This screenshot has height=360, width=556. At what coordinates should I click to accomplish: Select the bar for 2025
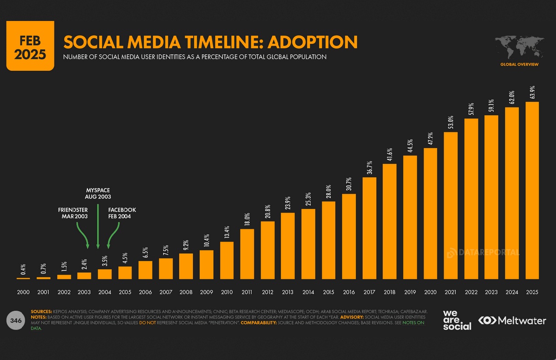pyautogui.click(x=532, y=190)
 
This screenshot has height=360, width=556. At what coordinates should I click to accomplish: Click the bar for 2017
pyautogui.click(x=369, y=228)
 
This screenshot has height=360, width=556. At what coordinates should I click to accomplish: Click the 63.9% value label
pyautogui.click(x=532, y=92)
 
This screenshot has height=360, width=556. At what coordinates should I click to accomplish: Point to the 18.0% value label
pyautogui.click(x=247, y=220)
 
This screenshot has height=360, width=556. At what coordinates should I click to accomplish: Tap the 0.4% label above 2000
pyautogui.click(x=23, y=269)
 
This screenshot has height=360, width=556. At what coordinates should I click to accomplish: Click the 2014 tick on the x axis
pyautogui.click(x=308, y=292)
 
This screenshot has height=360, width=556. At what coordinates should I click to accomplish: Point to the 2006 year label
pyautogui.click(x=145, y=292)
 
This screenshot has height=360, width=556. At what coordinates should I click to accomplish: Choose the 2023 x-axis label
pyautogui.click(x=491, y=292)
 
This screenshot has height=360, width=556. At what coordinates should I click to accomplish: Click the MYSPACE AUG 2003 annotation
pyautogui.click(x=98, y=193)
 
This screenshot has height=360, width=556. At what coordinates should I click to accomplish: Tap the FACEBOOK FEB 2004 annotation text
pyautogui.click(x=122, y=213)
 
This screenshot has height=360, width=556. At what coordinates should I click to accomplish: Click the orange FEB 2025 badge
pyautogui.click(x=30, y=46)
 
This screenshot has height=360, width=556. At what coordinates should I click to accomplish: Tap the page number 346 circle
pyautogui.click(x=16, y=320)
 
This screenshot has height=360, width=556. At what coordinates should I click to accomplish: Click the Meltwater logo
pyautogui.click(x=512, y=321)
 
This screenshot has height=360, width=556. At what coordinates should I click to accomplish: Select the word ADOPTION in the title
pyautogui.click(x=312, y=42)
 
